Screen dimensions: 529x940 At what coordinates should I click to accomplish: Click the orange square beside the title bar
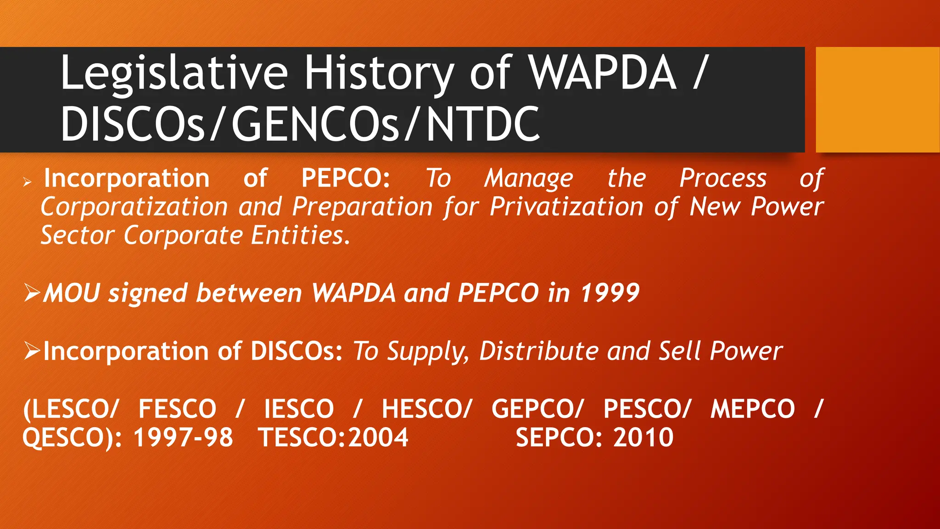[877, 99]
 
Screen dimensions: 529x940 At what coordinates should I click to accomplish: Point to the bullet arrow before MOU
[32, 293]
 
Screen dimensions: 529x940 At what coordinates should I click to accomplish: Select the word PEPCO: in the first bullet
[346, 178]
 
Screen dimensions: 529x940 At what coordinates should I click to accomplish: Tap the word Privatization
[566, 207]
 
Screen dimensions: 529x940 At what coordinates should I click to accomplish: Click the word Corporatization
[134, 207]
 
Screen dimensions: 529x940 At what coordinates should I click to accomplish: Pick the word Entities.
[301, 236]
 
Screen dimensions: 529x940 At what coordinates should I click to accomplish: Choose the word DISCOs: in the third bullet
[297, 351]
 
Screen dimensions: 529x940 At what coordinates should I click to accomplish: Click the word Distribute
[539, 351]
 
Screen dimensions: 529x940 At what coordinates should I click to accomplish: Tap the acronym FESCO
[177, 409]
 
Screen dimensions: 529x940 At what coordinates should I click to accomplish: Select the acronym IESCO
[299, 409]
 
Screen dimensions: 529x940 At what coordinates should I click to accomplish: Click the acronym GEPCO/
[537, 409]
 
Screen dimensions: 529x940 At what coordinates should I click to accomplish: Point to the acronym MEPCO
[752, 409]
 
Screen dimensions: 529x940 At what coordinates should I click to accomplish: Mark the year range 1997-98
[183, 437]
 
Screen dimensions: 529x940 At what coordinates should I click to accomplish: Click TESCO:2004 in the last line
[333, 437]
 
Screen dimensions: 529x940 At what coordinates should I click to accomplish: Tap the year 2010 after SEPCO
[643, 437]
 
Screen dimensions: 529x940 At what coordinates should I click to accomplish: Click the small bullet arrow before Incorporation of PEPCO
[28, 182]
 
